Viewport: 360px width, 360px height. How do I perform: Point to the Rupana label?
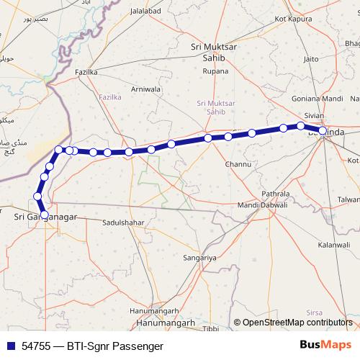click(x=215, y=71)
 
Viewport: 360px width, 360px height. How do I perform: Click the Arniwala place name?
click(x=146, y=89)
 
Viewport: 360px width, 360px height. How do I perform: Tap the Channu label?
click(x=238, y=164)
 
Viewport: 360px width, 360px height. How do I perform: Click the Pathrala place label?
click(x=274, y=194)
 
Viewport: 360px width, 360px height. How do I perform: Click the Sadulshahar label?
click(x=125, y=223)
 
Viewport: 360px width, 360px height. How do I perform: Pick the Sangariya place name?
click(x=199, y=257)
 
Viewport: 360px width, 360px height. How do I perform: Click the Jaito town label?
click(x=311, y=59)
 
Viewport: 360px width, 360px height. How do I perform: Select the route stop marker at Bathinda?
click(x=323, y=131)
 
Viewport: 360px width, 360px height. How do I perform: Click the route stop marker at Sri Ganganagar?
click(x=44, y=215)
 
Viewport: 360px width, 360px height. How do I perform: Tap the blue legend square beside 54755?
click(x=10, y=346)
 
